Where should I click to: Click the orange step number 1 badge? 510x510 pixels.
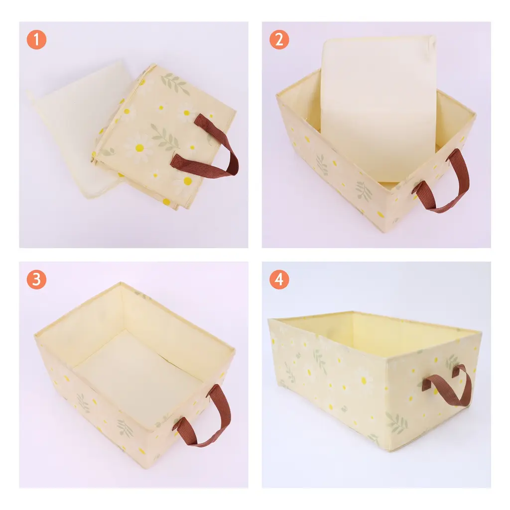click(36, 40)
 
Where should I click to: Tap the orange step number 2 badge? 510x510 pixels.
click(279, 40)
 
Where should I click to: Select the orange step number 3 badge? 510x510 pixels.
click(36, 279)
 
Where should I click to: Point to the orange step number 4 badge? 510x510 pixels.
click(279, 279)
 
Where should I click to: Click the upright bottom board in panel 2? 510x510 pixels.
click(378, 108)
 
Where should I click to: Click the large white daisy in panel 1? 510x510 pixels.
click(139, 148)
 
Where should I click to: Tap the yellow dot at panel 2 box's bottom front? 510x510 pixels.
click(380, 214)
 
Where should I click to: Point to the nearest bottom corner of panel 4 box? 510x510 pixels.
click(388, 450)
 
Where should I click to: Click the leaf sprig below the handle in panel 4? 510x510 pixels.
click(396, 423)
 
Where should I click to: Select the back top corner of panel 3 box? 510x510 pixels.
click(121, 283)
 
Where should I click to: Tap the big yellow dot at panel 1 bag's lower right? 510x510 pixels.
click(188, 181)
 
